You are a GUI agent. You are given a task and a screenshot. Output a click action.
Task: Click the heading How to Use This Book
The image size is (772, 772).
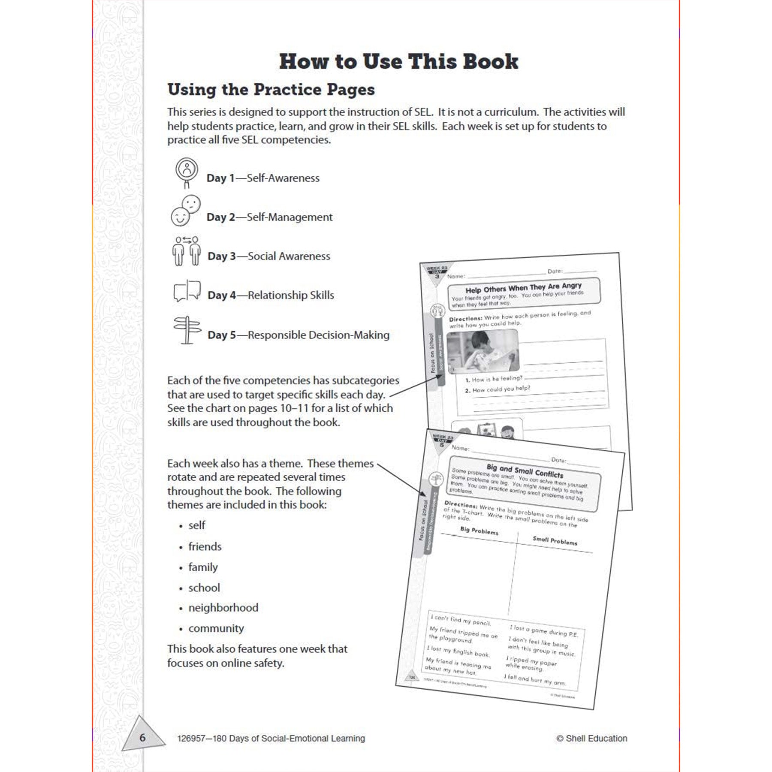(x=398, y=61)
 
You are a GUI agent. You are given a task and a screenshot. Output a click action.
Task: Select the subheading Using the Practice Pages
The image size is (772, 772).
(x=271, y=90)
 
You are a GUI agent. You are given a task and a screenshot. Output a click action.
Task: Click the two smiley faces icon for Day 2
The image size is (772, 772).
(x=186, y=211)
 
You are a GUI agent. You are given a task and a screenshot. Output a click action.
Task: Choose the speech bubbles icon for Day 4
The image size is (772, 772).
(x=187, y=291)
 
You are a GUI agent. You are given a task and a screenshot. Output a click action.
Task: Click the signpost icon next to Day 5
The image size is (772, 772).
(x=187, y=330)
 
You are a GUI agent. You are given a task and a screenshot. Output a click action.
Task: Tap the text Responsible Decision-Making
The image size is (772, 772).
(x=319, y=335)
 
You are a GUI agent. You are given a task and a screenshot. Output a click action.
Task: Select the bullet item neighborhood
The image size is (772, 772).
(x=223, y=608)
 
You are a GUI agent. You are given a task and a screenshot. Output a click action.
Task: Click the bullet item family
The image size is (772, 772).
(x=203, y=567)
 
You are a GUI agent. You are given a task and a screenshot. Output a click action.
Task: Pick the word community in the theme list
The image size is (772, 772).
(x=216, y=628)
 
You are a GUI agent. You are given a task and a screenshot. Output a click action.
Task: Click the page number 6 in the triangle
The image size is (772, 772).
(x=142, y=738)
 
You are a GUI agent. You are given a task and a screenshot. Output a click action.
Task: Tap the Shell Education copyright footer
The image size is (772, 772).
(x=591, y=738)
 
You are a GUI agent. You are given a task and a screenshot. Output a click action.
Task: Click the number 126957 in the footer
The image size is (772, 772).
(x=192, y=739)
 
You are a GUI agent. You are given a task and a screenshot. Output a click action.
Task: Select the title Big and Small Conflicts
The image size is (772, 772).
(x=525, y=470)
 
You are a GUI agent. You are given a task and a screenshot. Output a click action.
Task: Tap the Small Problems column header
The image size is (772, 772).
(x=555, y=541)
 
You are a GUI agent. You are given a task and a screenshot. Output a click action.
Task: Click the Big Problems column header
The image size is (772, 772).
(x=479, y=531)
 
